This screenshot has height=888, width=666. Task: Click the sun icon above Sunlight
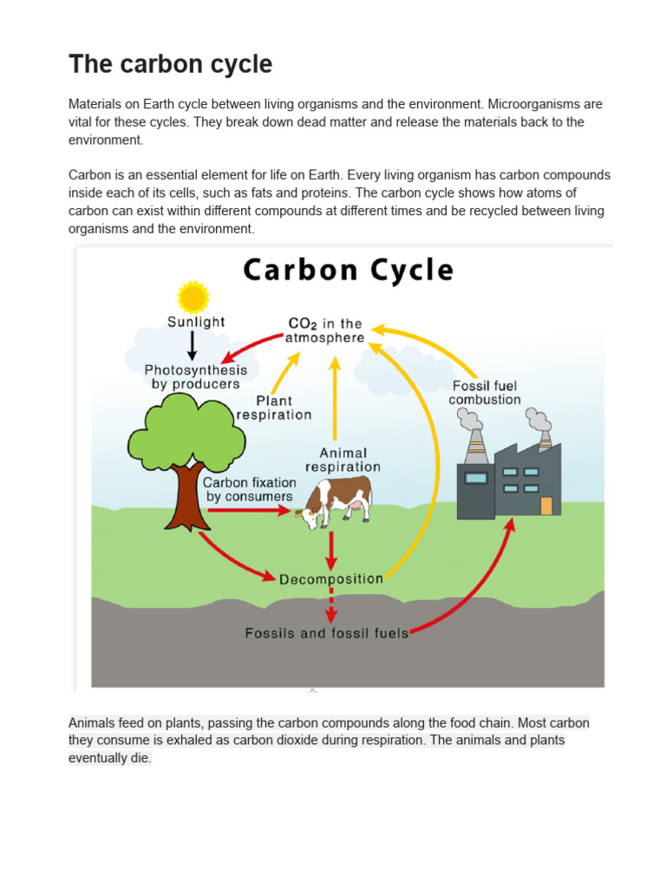point(193,297)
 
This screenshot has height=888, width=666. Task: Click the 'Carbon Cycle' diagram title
point(348,270)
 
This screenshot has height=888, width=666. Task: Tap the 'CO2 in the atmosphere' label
point(325,330)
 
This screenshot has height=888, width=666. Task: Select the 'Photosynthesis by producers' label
point(195,376)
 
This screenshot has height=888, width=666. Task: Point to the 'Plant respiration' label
point(273,408)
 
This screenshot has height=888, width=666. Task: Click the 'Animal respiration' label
point(343,460)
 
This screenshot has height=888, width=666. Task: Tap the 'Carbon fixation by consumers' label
point(250,489)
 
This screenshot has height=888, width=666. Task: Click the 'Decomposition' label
point(331,578)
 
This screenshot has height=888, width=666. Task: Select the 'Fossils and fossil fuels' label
point(326,633)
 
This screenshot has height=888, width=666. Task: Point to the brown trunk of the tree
point(186,499)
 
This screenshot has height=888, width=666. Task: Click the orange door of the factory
point(545,505)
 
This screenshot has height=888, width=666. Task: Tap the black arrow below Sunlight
point(193,345)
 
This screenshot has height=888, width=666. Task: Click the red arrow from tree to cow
point(247,511)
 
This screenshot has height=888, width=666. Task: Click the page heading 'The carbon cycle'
point(170,63)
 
